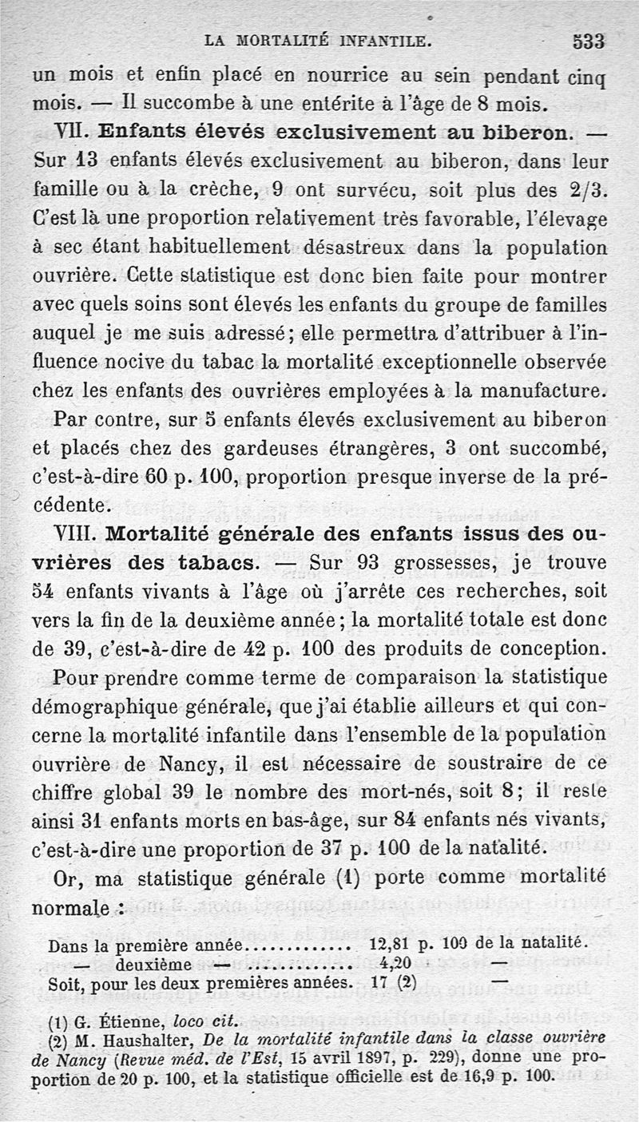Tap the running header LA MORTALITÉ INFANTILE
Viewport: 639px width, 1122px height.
[318, 38]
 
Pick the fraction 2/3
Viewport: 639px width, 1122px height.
[588, 191]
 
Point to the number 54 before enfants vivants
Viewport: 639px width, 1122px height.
[44, 593]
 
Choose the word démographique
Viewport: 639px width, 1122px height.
[104, 708]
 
